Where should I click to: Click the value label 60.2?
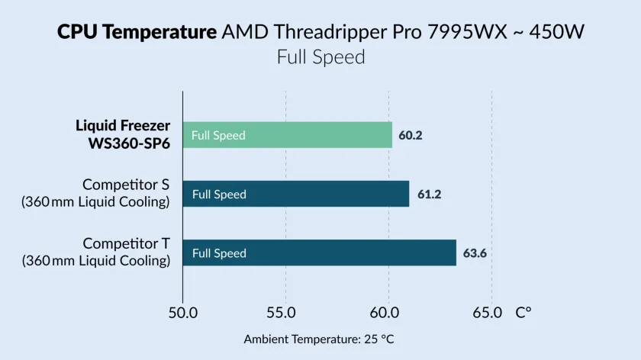click(x=411, y=136)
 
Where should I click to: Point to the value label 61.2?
click(x=429, y=194)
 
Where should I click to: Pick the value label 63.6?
click(x=475, y=253)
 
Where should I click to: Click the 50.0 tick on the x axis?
click(x=183, y=312)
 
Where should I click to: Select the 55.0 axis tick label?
click(x=285, y=312)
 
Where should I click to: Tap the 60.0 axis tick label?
click(x=388, y=312)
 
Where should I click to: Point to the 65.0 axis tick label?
click(x=488, y=312)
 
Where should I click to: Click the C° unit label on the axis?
click(x=523, y=312)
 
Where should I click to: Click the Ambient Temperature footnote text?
click(x=319, y=339)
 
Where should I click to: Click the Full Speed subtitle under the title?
click(x=320, y=57)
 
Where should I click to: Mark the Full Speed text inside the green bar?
click(x=218, y=136)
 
